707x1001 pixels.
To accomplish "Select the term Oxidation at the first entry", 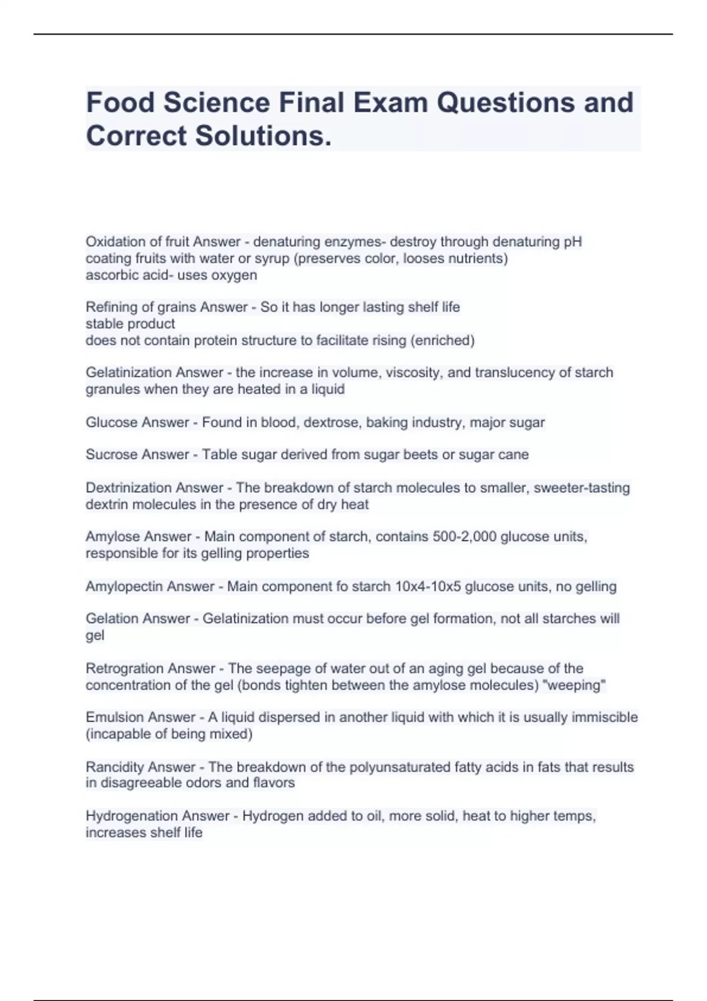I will coord(115,241).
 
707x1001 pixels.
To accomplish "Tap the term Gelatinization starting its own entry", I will coord(129,372).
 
